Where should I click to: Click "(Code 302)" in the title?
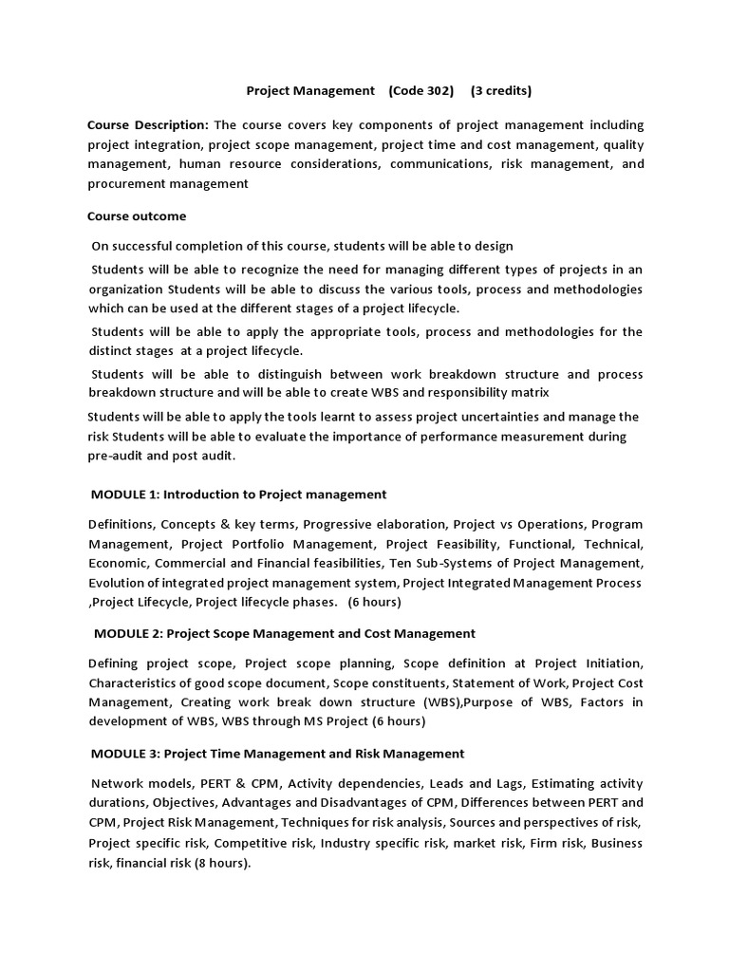[421, 91]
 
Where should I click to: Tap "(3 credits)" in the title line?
[500, 91]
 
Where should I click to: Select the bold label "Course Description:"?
[147, 124]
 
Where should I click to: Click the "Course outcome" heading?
[137, 215]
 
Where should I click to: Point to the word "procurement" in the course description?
[127, 184]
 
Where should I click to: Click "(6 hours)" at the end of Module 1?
[374, 603]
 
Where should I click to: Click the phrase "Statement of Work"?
[510, 682]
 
